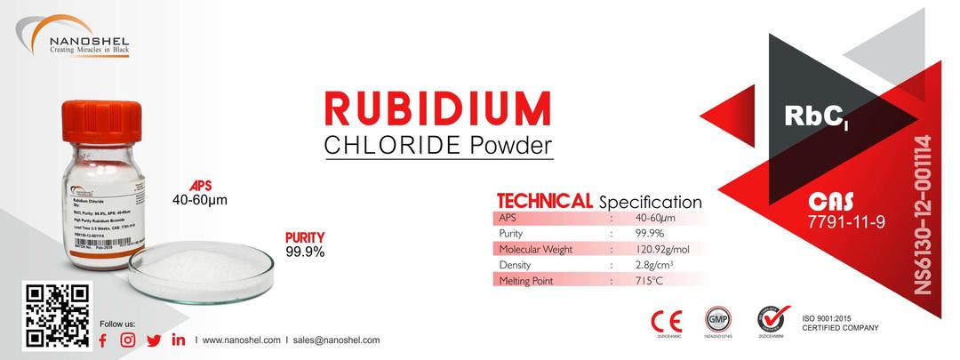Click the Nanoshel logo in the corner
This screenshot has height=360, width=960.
[76, 40]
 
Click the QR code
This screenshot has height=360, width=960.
[58, 316]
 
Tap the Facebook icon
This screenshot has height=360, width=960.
[102, 340]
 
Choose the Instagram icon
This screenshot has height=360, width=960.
[128, 340]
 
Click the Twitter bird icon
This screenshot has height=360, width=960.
[154, 340]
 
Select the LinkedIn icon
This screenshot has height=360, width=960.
[179, 340]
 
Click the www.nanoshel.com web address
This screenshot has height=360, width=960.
[241, 340]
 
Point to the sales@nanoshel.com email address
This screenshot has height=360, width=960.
[336, 340]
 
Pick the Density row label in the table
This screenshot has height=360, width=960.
[516, 265]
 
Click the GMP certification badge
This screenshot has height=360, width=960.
[717, 318]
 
